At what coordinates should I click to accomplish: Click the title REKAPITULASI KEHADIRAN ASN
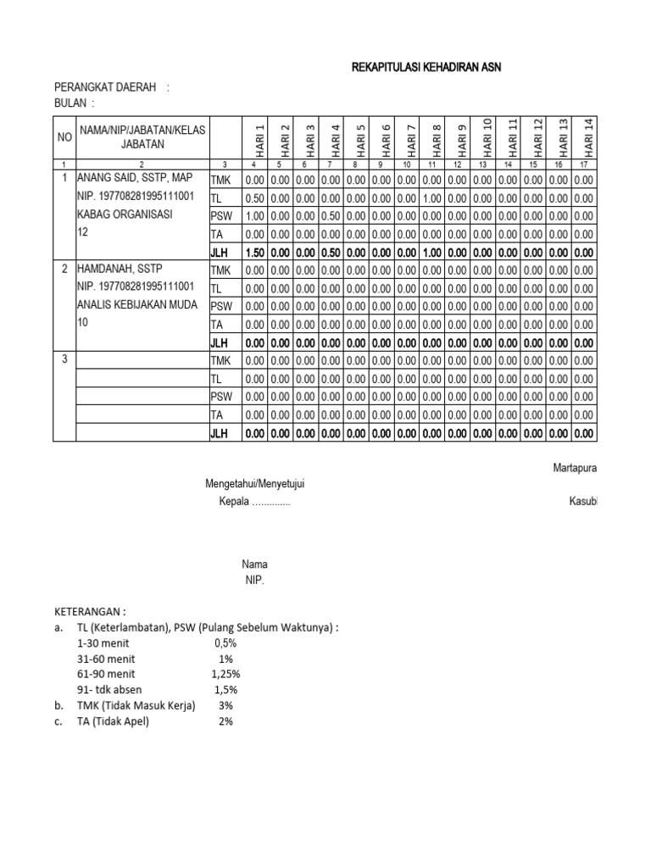426,68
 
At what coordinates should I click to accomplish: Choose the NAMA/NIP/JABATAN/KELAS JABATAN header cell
142,136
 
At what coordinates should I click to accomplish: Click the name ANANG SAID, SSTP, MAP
135,179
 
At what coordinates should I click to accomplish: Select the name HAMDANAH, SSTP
121,270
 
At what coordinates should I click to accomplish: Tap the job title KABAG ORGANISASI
125,214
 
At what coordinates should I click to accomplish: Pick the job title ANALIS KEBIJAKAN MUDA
136,305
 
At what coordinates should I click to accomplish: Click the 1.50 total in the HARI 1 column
254,252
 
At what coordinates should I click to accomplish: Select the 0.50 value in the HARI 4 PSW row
331,215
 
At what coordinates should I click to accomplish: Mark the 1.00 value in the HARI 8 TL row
433,198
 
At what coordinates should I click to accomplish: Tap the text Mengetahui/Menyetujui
255,484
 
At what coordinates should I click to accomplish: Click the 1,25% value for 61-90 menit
225,674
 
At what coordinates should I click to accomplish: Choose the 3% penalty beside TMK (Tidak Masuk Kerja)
225,705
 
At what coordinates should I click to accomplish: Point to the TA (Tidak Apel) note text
112,721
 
